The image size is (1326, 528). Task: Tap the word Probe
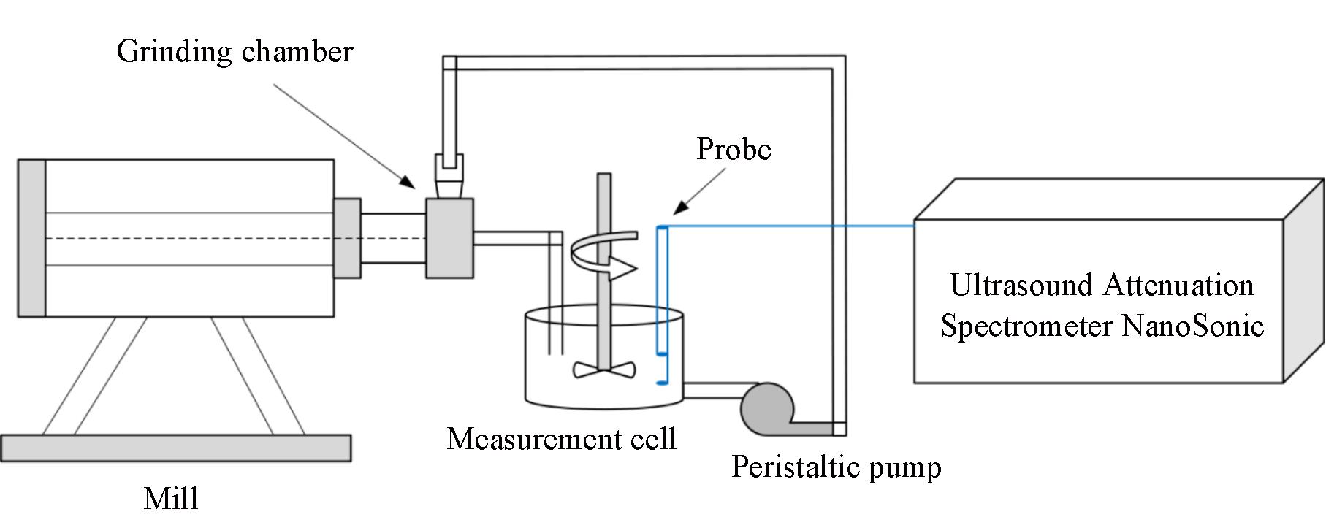(734, 150)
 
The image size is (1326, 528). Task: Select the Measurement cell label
(561, 439)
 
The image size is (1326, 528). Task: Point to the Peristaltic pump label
(836, 467)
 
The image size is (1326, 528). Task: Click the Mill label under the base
(171, 499)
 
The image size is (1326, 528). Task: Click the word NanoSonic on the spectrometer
(1192, 325)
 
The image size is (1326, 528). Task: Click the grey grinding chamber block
(449, 238)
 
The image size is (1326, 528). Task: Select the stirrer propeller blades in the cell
(604, 370)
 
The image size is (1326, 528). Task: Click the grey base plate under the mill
(175, 448)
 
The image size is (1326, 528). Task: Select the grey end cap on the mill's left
(31, 238)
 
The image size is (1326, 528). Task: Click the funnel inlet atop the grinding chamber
(449, 174)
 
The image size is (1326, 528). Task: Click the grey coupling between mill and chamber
(347, 238)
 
